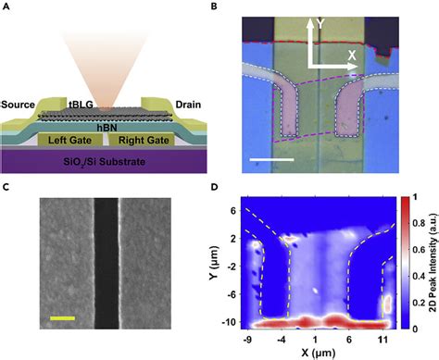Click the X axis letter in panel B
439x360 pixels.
coord(352,55)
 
